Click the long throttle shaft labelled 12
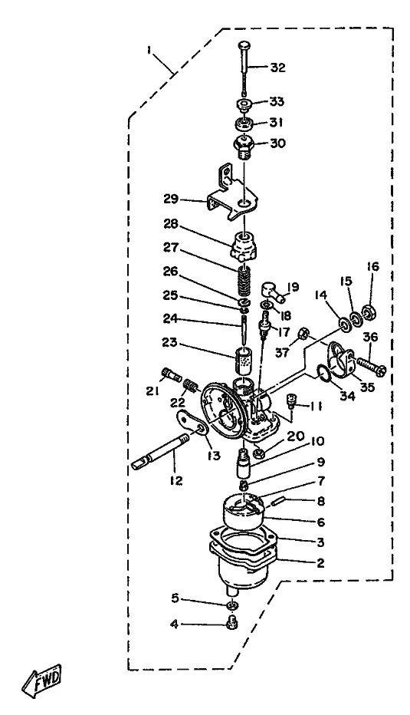(x=159, y=451)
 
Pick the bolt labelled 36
(x=369, y=365)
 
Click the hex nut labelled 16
(x=368, y=312)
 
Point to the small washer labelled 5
(x=232, y=605)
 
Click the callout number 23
(x=169, y=342)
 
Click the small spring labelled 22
(x=192, y=387)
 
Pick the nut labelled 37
(x=303, y=334)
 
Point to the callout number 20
(x=296, y=436)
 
